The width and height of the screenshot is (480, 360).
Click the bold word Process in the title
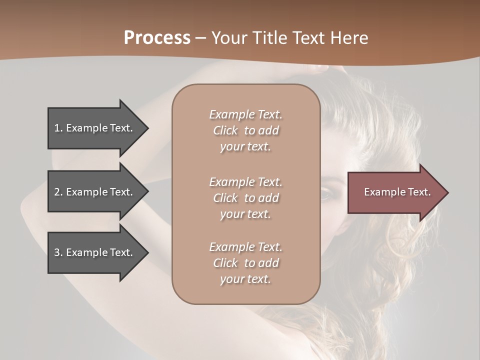(157, 38)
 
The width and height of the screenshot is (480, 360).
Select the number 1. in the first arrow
(58, 128)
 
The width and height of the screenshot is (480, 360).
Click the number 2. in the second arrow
(58, 192)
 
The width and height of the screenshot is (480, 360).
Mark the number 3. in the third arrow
(58, 252)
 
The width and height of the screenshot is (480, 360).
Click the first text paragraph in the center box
(245, 130)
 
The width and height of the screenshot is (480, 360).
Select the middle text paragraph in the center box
(245, 198)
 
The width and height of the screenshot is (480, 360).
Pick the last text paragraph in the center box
(245, 263)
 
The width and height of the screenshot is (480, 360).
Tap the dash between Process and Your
(200, 38)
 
